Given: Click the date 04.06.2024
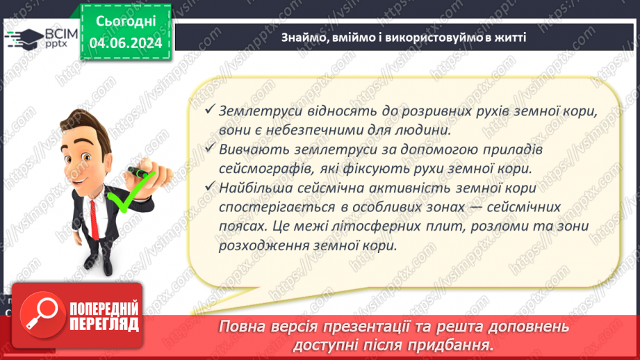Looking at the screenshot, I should (x=125, y=43).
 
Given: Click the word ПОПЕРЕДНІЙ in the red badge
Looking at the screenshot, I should (x=103, y=308).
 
